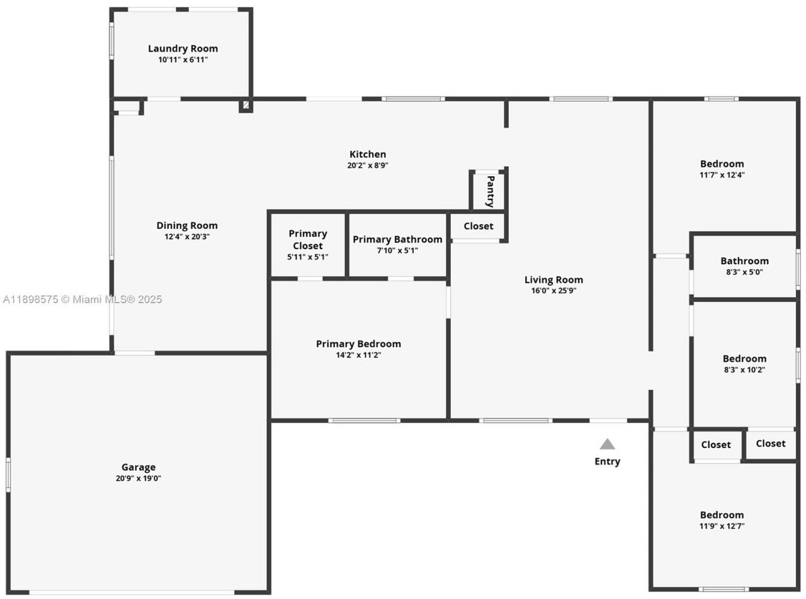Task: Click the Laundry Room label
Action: coord(183,48)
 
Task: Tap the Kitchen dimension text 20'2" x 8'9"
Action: coord(368,165)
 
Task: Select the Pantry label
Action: coord(490,191)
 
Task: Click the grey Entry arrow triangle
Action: coord(607,444)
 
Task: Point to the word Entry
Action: coord(607,461)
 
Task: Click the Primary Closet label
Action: coord(308,240)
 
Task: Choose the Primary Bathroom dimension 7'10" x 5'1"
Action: coord(397,250)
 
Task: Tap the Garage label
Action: coord(139,467)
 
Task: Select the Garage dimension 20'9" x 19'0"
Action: coord(139,478)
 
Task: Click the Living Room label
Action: coord(553,279)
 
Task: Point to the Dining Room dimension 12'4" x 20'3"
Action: coord(187,237)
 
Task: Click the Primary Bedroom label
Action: coord(358,344)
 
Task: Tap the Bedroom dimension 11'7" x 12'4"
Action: coord(722,175)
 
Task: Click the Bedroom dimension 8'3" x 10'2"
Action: coord(744,370)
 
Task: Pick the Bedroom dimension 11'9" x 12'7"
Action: coord(722,526)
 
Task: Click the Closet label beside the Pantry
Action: coord(479,226)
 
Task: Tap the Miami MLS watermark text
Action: coord(82,299)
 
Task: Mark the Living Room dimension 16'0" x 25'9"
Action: coord(553,291)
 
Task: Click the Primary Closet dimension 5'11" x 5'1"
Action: coord(307,257)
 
